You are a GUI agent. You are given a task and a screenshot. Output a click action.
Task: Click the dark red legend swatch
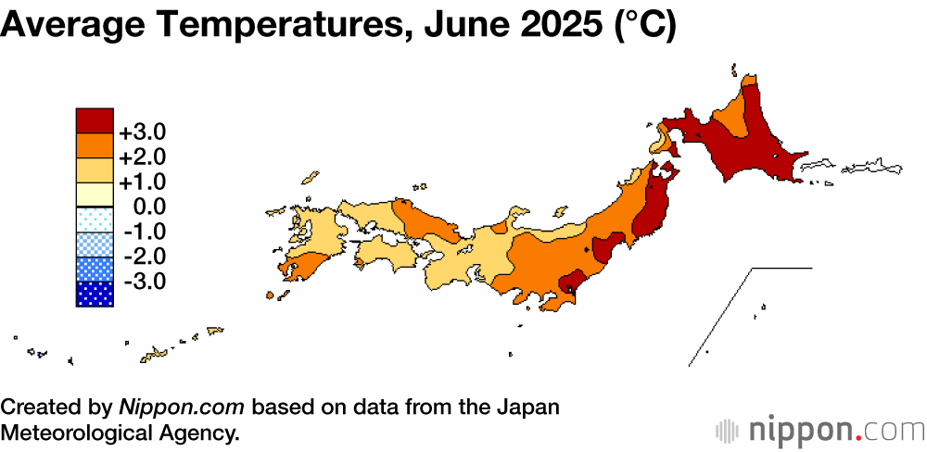click(x=95, y=120)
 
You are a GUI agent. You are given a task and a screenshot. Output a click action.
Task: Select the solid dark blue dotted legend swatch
click(x=95, y=294)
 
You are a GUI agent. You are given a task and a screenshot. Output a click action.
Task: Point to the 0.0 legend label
click(x=147, y=206)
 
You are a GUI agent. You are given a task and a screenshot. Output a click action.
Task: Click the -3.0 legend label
click(x=144, y=281)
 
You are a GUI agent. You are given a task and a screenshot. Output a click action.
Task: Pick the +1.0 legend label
click(x=143, y=181)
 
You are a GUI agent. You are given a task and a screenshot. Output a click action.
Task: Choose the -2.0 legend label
click(x=144, y=256)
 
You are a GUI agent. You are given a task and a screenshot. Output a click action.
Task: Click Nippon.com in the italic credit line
click(x=183, y=408)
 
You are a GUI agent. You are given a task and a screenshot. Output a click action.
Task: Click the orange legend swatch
click(x=95, y=145)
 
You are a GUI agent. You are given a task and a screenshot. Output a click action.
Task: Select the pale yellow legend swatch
click(x=95, y=195)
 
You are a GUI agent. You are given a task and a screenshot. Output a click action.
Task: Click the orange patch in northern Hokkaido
click(x=731, y=118)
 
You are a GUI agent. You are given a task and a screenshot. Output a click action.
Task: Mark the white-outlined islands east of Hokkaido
click(x=867, y=168)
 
